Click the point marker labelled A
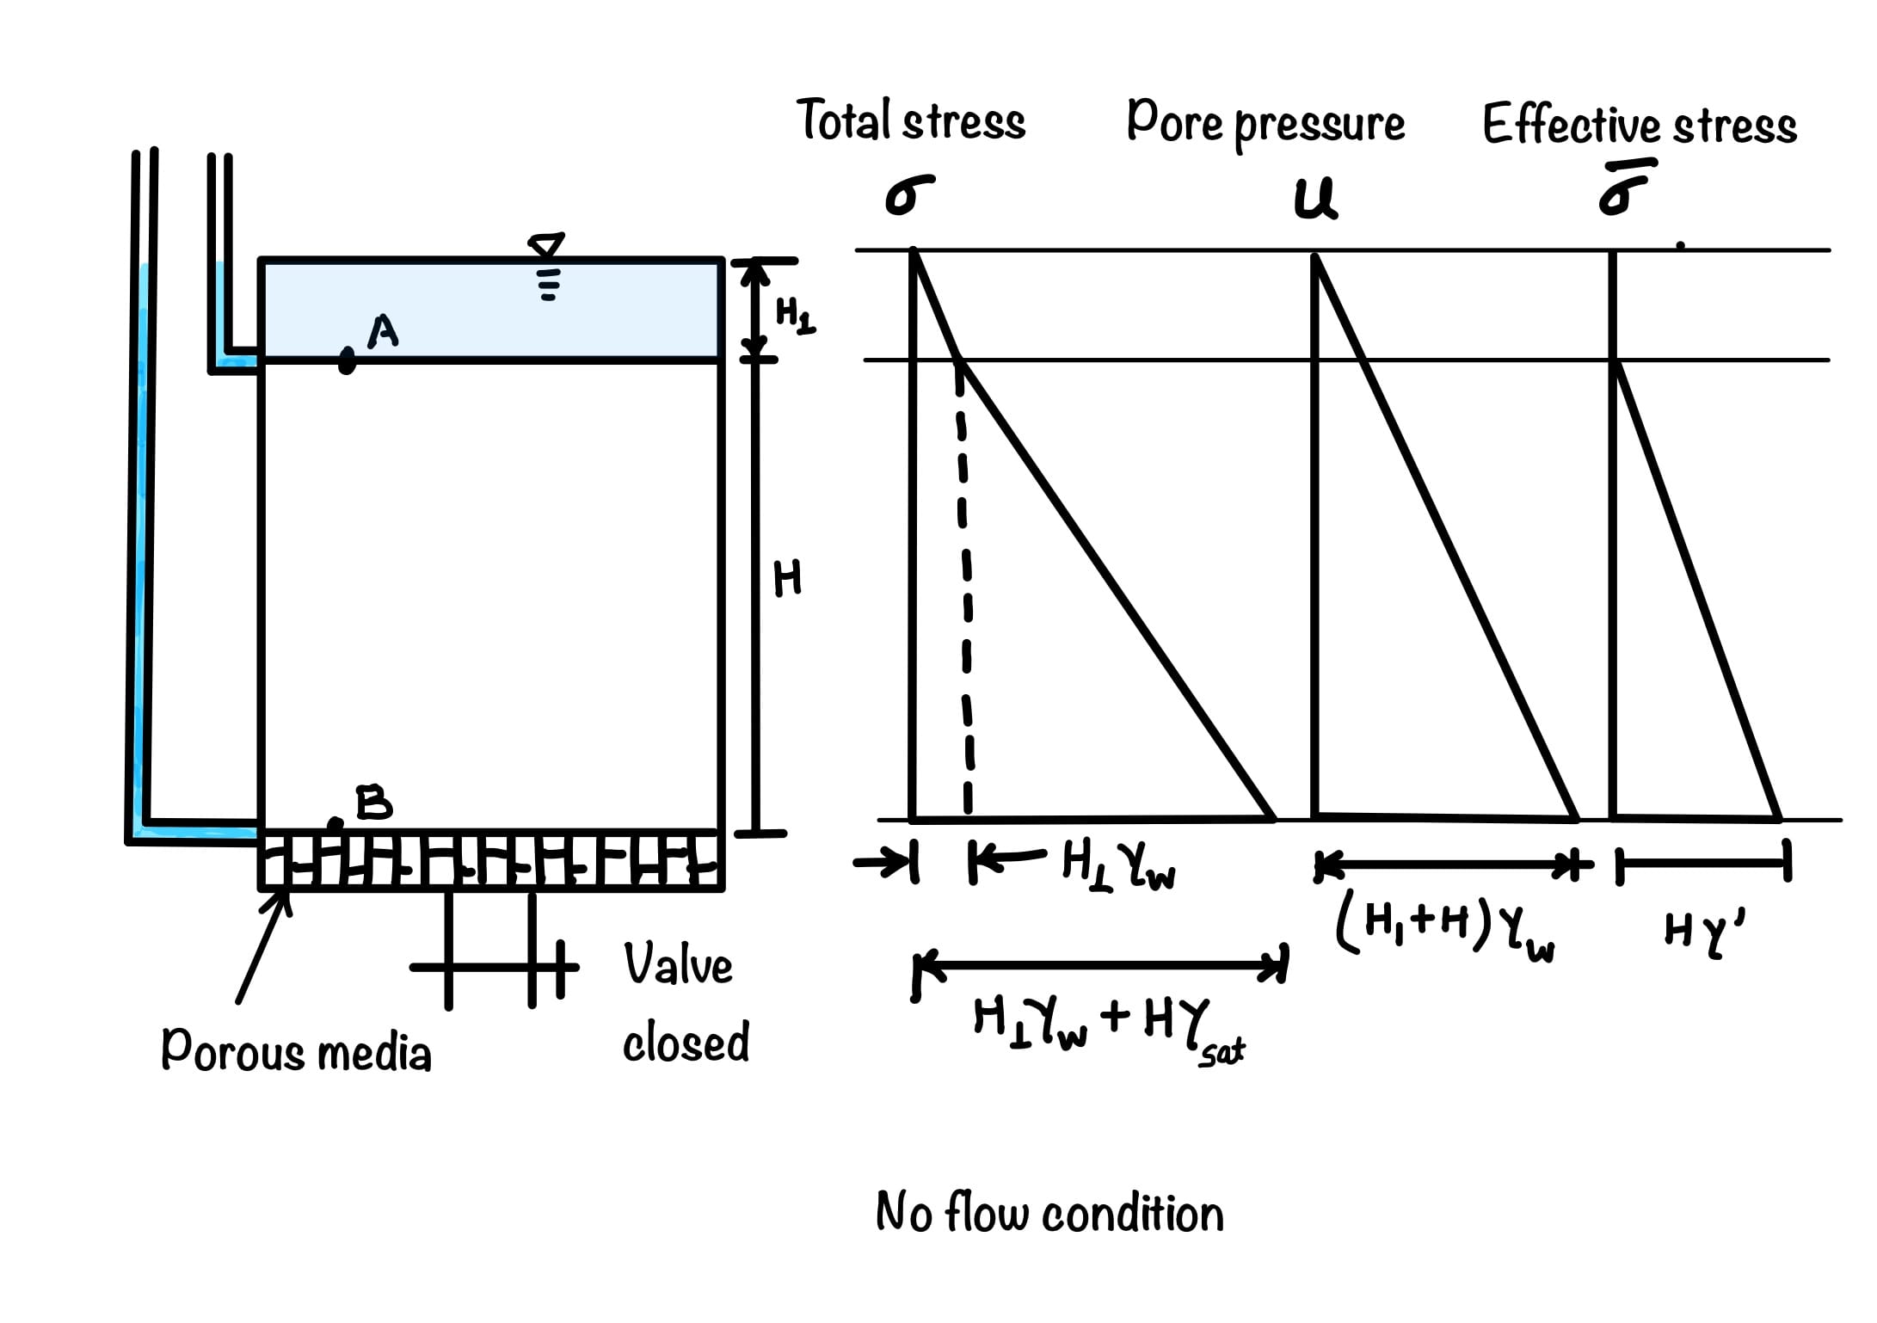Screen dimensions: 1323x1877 [347, 360]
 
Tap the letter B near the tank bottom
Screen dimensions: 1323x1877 [373, 803]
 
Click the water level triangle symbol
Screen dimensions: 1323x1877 [547, 245]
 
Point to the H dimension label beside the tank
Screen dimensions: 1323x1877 [787, 578]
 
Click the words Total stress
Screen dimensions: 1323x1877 [912, 121]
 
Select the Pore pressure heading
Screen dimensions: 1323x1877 [1265, 124]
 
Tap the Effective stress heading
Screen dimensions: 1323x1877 [1640, 126]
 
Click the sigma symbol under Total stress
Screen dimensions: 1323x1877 [908, 195]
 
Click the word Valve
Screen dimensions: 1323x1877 [678, 964]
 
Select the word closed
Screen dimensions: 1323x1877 [686, 1043]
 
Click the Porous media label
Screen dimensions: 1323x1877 [296, 1051]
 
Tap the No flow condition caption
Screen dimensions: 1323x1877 [1049, 1214]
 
